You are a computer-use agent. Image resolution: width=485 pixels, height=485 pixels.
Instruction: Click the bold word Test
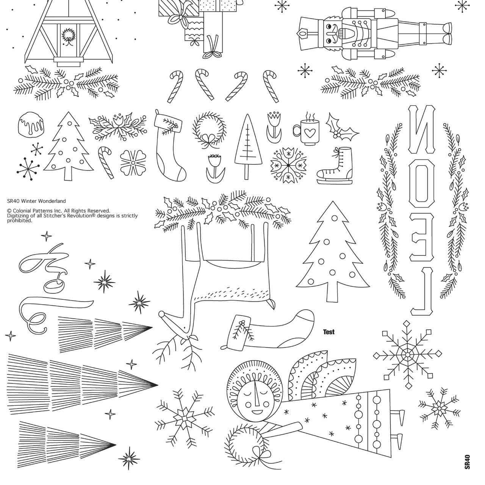329,332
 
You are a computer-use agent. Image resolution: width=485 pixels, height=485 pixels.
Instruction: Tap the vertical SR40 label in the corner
468,462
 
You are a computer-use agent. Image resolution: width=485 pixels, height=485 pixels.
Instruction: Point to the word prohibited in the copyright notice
20,221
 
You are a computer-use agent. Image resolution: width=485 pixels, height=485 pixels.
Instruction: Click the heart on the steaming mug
309,133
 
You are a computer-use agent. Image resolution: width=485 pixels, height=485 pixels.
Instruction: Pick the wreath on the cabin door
68,37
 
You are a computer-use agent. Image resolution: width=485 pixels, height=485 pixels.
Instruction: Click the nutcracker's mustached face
333,33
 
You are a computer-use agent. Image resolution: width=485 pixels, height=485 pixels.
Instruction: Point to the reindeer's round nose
162,314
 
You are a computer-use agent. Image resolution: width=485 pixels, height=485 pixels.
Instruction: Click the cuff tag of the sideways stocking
239,332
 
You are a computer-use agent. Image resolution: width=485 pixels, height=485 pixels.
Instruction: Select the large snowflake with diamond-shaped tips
407,355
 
